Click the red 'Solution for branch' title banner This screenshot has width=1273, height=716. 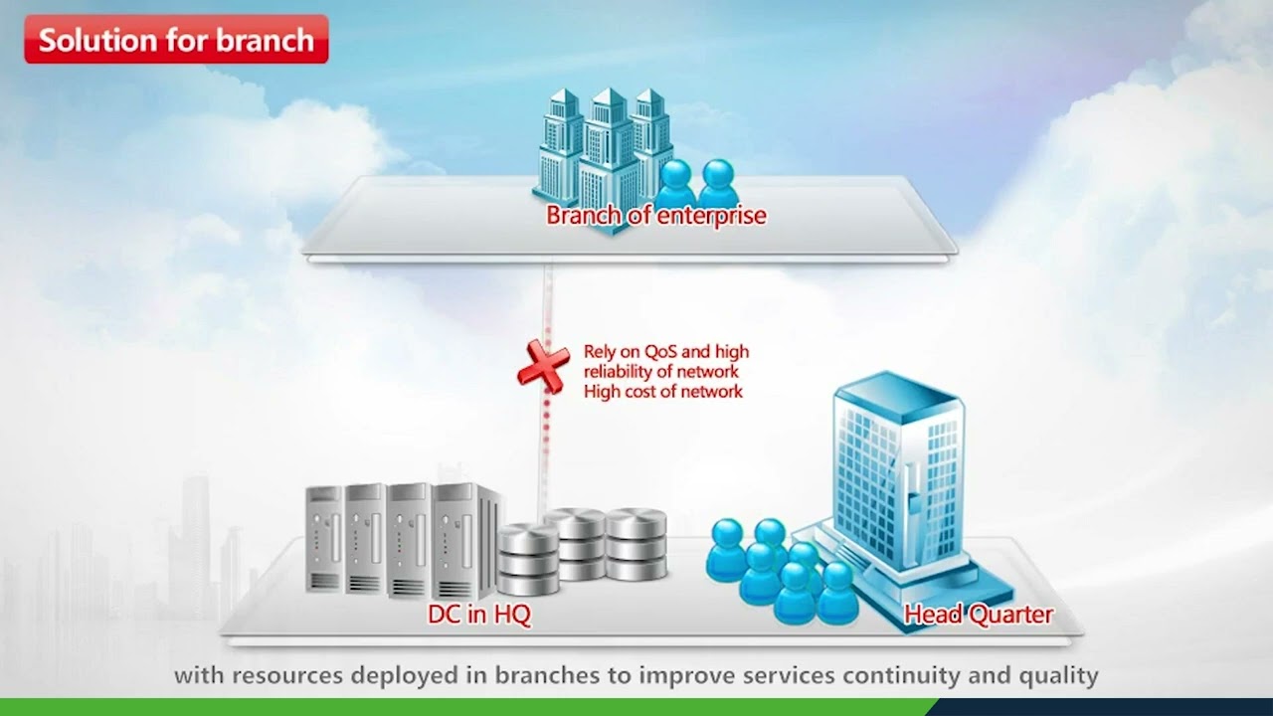pyautogui.click(x=176, y=40)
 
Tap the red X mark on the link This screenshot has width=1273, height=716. pyautogui.click(x=542, y=366)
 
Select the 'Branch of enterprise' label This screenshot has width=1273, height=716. pyautogui.click(x=655, y=215)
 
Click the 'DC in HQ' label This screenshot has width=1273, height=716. pyautogui.click(x=479, y=615)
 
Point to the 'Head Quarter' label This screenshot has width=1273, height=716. pyautogui.click(x=979, y=615)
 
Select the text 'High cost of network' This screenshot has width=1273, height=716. pyautogui.click(x=663, y=392)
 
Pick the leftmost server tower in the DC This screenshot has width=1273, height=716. pyautogui.click(x=323, y=539)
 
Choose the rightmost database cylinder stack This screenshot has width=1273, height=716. pyautogui.click(x=636, y=544)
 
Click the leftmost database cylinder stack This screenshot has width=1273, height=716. pyautogui.click(x=527, y=560)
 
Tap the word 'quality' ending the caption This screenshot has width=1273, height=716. pyautogui.click(x=1060, y=676)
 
